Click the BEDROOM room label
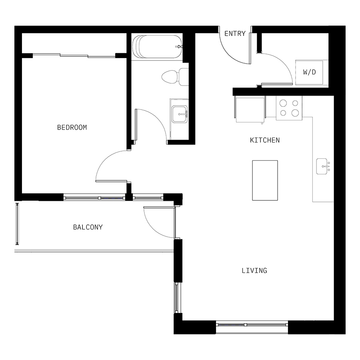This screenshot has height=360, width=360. tap(72, 128)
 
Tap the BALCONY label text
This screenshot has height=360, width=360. tap(88, 227)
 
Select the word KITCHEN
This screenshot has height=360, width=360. tap(265, 140)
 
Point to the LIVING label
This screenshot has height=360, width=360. tap(254, 271)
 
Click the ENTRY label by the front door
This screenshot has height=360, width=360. tap(235, 34)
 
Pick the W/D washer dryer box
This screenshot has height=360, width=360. tap(310, 72)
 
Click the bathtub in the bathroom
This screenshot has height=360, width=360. tap(158, 47)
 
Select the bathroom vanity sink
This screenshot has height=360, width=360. tap(180, 114)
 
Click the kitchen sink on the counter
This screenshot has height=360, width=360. tap(322, 166)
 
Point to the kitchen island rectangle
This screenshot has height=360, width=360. tap(265, 180)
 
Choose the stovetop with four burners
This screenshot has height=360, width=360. tap(289, 108)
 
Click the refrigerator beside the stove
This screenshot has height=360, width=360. tap(250, 109)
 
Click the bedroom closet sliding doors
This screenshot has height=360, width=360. tap(74, 55)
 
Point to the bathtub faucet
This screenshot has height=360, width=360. tap(179, 47)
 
